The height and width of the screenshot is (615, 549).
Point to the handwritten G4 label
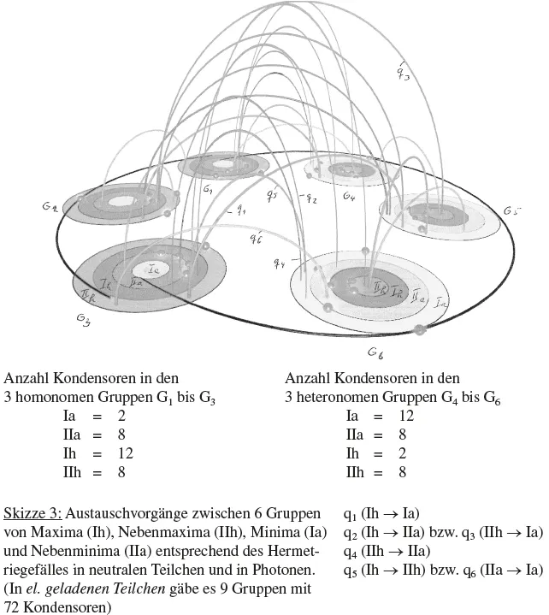[348, 197]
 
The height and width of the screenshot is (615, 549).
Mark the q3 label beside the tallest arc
[403, 73]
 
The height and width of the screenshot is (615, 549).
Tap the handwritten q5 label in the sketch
[272, 196]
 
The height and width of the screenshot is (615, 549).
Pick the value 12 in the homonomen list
[124, 452]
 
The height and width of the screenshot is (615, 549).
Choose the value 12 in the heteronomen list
[406, 415]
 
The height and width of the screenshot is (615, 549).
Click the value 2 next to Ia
[121, 415]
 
